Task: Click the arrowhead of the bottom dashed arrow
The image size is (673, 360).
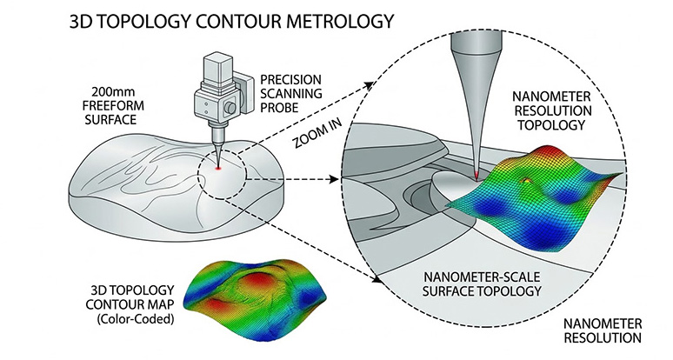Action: [x=377, y=280]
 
